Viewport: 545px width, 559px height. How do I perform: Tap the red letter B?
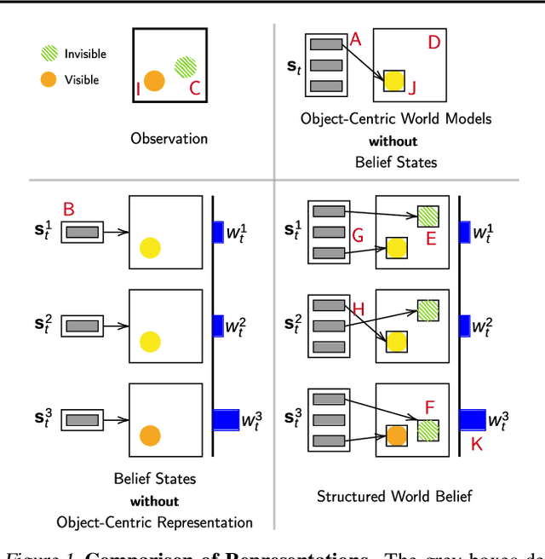click(69, 210)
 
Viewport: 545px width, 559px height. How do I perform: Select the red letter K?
click(476, 443)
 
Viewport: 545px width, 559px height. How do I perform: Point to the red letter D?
click(433, 41)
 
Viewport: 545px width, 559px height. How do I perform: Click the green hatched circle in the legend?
click(49, 54)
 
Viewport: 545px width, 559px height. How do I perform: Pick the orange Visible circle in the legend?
click(49, 80)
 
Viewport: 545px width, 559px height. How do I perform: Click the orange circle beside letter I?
click(154, 81)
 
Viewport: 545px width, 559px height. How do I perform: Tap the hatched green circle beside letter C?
click(186, 66)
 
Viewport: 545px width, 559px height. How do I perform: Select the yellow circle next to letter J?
click(393, 81)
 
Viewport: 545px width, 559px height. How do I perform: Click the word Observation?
click(169, 138)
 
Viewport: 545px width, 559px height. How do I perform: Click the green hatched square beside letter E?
click(428, 216)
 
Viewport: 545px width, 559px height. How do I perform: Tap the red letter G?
click(358, 234)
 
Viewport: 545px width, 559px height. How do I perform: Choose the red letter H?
click(358, 310)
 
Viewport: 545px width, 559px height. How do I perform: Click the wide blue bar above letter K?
click(471, 419)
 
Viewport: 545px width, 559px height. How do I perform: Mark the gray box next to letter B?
click(82, 231)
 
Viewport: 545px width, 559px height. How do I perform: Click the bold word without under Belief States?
click(155, 501)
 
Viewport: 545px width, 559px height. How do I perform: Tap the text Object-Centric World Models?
click(396, 119)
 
